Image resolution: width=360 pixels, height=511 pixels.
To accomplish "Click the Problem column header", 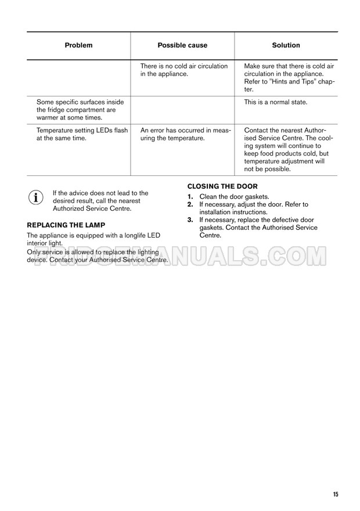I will [x=78, y=45].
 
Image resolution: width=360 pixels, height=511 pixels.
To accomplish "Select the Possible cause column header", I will [x=182, y=45].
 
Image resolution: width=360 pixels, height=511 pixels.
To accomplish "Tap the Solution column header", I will [x=286, y=45].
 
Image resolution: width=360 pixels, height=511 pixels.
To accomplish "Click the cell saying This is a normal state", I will [x=276, y=102].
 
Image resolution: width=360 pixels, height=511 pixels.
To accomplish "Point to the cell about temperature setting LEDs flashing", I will [x=82, y=134].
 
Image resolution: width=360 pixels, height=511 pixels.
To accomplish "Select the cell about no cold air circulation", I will [x=184, y=70].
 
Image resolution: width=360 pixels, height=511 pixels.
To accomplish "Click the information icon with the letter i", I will [x=36, y=197].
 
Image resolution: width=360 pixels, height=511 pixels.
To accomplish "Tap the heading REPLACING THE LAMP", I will [x=66, y=224].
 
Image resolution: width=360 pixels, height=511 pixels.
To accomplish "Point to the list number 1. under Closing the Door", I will [x=190, y=197].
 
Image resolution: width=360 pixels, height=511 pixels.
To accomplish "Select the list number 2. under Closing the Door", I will [x=190, y=205].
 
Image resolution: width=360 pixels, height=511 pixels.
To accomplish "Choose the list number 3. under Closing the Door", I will [x=190, y=220].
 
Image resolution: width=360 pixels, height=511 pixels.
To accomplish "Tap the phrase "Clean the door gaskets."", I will [x=234, y=197].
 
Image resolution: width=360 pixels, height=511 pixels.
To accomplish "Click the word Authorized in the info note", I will [x=71, y=208].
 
